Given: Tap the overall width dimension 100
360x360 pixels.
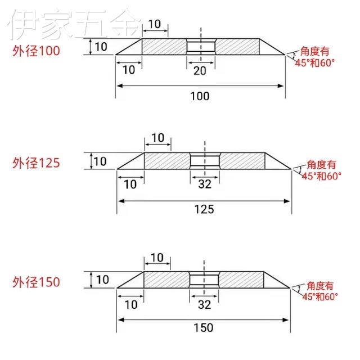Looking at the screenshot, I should (200, 96).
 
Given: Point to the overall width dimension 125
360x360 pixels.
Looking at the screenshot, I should (204, 209).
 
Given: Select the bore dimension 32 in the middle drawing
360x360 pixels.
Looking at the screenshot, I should (205, 183).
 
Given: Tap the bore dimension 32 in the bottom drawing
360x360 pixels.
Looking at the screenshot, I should (205, 304).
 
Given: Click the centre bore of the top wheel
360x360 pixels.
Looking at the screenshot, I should (201, 46).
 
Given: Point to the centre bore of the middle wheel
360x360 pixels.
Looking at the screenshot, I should (205, 160).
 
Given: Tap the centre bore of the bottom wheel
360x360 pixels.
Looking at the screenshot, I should (204, 280).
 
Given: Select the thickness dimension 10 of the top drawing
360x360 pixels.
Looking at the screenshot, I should (101, 47).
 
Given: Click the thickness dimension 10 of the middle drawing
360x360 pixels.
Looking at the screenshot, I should (100, 161).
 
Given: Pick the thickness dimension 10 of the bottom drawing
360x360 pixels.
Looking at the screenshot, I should (102, 280).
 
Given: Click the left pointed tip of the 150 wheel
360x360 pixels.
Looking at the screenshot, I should (117, 288).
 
